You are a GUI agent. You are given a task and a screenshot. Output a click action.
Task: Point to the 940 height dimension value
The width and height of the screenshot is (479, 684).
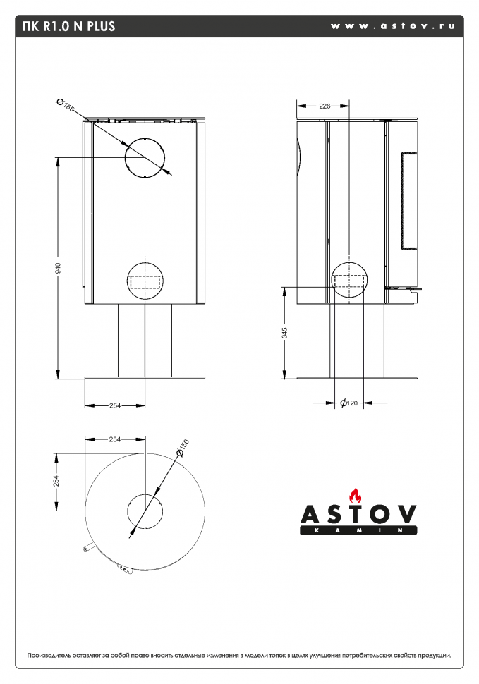(x=59, y=268)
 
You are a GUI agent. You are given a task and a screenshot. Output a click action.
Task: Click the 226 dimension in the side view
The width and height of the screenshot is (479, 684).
(x=325, y=106)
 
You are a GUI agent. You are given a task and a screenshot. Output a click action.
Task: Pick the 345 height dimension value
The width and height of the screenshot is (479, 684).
(x=285, y=333)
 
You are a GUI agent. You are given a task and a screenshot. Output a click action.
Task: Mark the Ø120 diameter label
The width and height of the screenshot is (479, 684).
(x=349, y=403)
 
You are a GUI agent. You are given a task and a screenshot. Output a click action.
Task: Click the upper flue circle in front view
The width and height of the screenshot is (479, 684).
(x=145, y=158)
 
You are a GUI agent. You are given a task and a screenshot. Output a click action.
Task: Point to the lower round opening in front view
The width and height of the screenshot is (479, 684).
(x=145, y=280)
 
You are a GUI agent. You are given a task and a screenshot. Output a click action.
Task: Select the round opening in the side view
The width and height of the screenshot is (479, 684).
(x=348, y=280)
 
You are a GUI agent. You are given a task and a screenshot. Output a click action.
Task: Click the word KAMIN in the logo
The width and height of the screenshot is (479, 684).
(x=358, y=530)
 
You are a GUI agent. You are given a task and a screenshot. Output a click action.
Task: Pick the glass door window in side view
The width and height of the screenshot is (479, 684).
(x=410, y=201)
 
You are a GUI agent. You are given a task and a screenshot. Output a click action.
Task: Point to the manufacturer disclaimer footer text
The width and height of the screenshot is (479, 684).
(x=239, y=655)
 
